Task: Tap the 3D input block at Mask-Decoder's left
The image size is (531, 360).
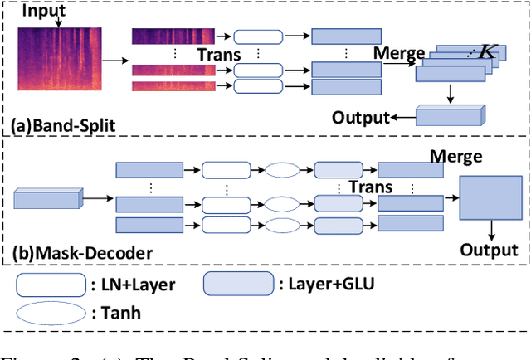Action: click(47, 198)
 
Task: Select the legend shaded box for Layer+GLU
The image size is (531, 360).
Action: click(239, 285)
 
